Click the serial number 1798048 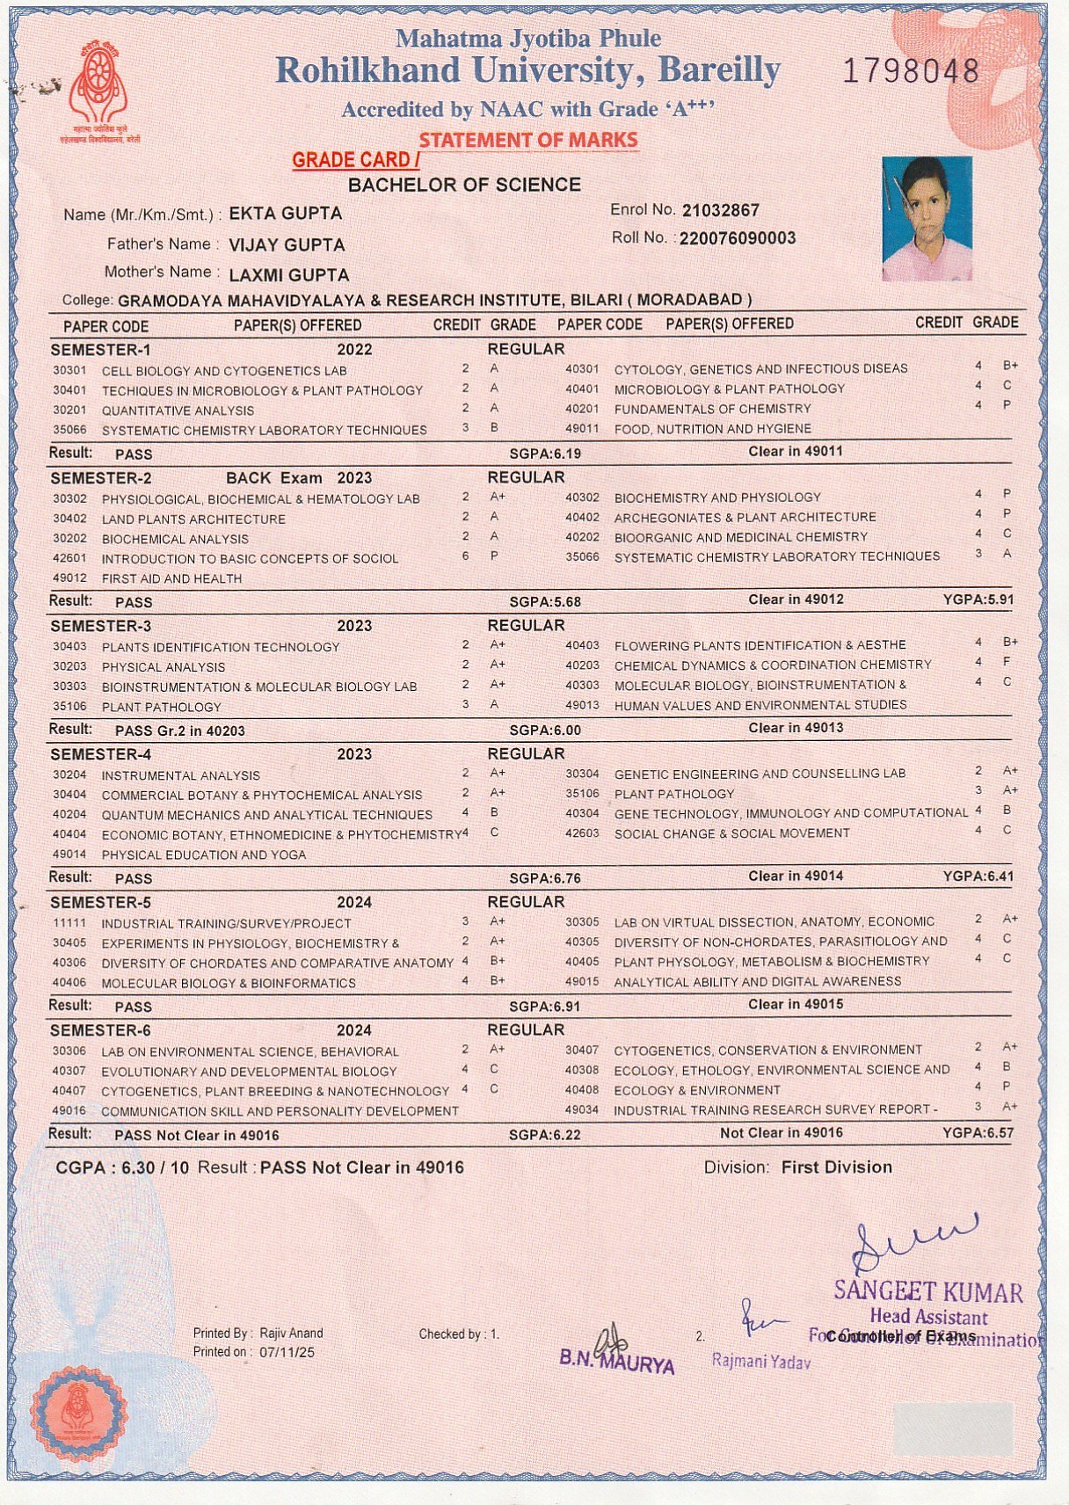pyautogui.click(x=911, y=71)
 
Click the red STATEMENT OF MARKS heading pyautogui.click(x=527, y=141)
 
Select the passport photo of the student pyautogui.click(x=927, y=219)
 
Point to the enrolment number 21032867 pyautogui.click(x=720, y=210)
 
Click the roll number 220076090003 pyautogui.click(x=738, y=238)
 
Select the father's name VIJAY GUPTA pyautogui.click(x=287, y=245)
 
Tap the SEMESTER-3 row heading pyautogui.click(x=101, y=626)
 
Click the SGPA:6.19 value pyautogui.click(x=545, y=454)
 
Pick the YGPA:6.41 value pyautogui.click(x=978, y=876)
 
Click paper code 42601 pyautogui.click(x=69, y=559)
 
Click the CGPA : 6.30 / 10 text pyautogui.click(x=122, y=1167)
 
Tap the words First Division pyautogui.click(x=836, y=1167)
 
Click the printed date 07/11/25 pyautogui.click(x=287, y=1352)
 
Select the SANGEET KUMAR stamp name pyautogui.click(x=927, y=1291)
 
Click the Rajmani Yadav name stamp pyautogui.click(x=760, y=1362)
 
